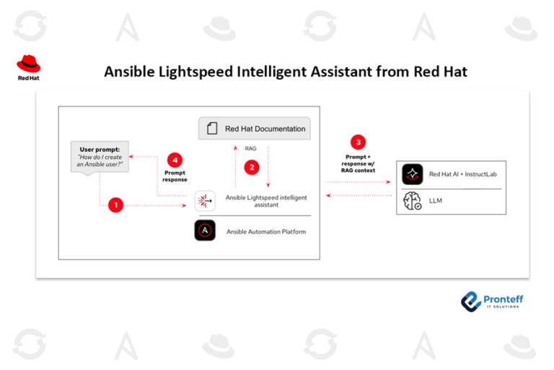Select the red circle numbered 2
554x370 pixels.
pyautogui.click(x=252, y=167)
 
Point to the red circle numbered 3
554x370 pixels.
pyautogui.click(x=359, y=142)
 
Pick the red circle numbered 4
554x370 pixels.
pyautogui.click(x=174, y=160)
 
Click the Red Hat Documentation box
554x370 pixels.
pyautogui.click(x=255, y=129)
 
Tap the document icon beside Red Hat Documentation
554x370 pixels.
pyautogui.click(x=212, y=129)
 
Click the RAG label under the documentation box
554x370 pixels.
pyautogui.click(x=251, y=148)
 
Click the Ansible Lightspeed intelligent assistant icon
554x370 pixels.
pyautogui.click(x=205, y=201)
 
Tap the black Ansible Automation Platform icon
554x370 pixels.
pyautogui.click(x=205, y=231)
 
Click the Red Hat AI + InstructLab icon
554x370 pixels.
pyautogui.click(x=413, y=174)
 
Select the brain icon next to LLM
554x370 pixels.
pyautogui.click(x=413, y=201)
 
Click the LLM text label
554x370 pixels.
pyautogui.click(x=435, y=201)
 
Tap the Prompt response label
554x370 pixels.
pyautogui.click(x=175, y=176)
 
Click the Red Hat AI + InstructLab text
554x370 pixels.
pyautogui.click(x=462, y=174)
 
